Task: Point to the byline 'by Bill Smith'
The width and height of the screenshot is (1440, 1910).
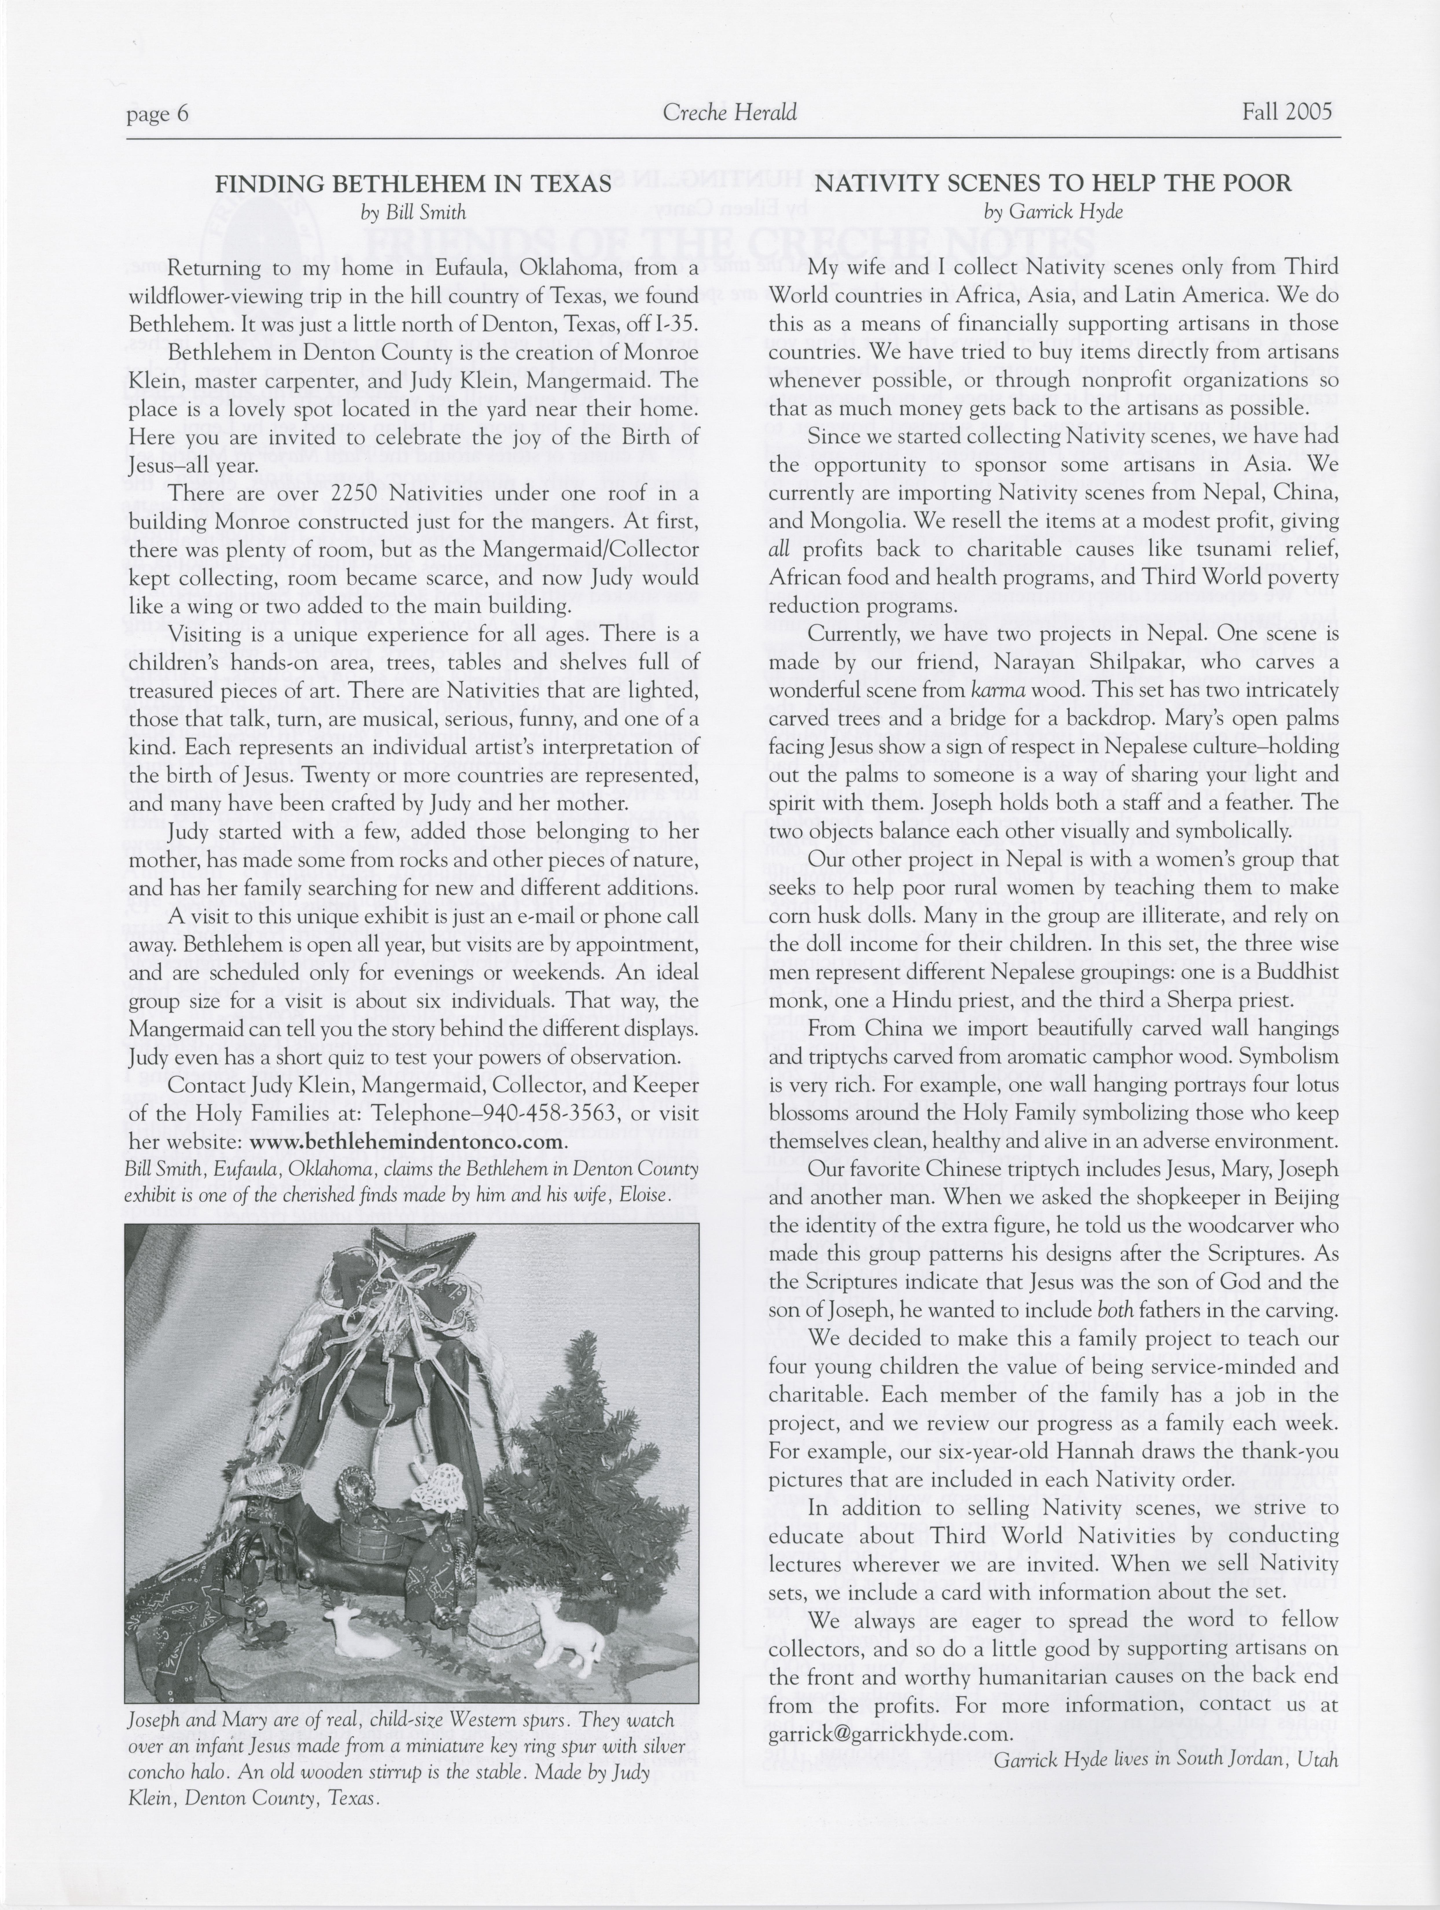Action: click(413, 212)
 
